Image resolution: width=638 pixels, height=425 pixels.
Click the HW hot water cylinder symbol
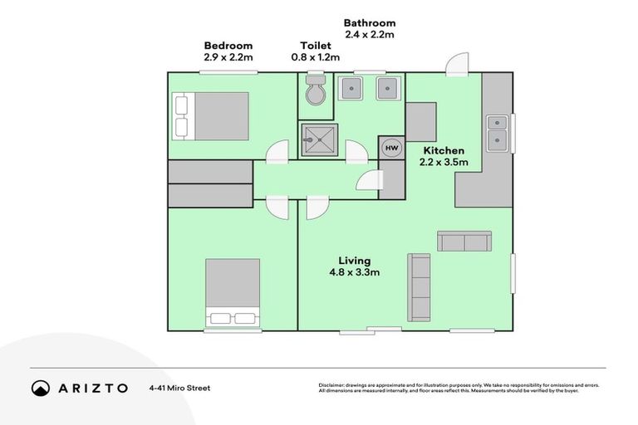click(x=391, y=148)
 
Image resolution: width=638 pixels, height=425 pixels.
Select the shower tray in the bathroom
click(x=318, y=141)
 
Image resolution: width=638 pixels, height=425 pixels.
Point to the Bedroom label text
click(x=228, y=46)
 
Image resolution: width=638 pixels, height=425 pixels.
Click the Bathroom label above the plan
click(x=370, y=23)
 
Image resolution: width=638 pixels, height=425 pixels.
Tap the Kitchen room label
click(x=444, y=150)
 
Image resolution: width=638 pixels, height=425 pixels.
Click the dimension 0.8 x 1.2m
click(x=316, y=57)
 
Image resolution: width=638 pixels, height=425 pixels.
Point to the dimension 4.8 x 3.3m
click(x=355, y=272)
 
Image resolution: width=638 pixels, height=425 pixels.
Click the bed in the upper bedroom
click(x=211, y=115)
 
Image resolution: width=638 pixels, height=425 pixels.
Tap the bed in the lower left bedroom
click(x=233, y=293)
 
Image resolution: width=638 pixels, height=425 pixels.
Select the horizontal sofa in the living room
click(x=464, y=242)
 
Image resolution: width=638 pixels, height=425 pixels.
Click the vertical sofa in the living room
click(x=419, y=287)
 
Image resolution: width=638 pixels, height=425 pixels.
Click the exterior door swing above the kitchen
click(x=458, y=64)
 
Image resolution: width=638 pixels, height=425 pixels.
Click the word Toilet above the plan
click(x=316, y=46)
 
